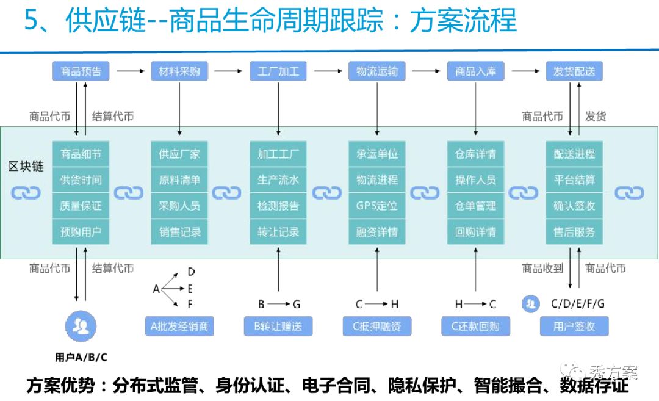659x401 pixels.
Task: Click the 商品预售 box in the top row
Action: (x=81, y=71)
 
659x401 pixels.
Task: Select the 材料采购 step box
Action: (x=179, y=71)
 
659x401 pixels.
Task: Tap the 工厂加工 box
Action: (x=278, y=71)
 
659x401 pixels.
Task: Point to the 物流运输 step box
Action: (x=377, y=71)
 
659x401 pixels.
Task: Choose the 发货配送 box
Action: (x=574, y=71)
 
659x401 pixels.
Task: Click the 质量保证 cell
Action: (x=81, y=206)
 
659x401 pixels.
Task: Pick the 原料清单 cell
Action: (x=179, y=180)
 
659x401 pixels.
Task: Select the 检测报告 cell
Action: (x=278, y=206)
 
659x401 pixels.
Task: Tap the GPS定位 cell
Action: (x=377, y=206)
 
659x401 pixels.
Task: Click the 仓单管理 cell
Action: (x=476, y=206)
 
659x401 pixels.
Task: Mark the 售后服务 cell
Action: (x=574, y=233)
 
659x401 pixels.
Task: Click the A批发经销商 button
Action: (x=179, y=326)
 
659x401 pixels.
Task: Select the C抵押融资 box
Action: (x=377, y=326)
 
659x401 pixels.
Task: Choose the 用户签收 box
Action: (x=574, y=326)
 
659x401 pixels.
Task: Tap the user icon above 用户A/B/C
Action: (x=81, y=327)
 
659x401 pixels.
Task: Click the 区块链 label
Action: (x=26, y=167)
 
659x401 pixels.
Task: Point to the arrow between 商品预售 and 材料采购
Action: (x=130, y=71)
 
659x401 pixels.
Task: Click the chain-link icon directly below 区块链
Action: (x=26, y=193)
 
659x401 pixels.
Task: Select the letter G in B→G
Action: (x=297, y=304)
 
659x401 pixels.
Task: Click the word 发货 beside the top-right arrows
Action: (x=596, y=116)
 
